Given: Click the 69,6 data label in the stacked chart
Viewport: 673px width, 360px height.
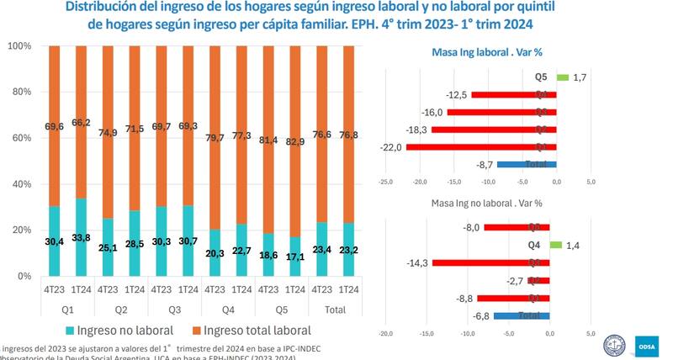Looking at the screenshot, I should click(x=55, y=126).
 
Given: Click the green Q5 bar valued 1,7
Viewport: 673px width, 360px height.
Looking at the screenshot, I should click(x=562, y=78).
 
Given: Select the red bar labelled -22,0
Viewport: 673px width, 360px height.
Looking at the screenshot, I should click(x=481, y=147).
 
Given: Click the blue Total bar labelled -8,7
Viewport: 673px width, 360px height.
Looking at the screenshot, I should click(x=526, y=164).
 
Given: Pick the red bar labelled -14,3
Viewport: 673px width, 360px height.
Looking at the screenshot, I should click(x=490, y=262).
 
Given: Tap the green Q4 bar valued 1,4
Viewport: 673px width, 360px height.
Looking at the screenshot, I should click(x=555, y=245).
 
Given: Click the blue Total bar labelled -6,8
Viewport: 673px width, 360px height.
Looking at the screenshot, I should click(x=522, y=315).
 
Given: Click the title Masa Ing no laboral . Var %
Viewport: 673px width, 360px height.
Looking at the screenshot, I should click(x=487, y=203).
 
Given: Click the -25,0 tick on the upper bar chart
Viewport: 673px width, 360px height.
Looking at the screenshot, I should click(x=386, y=180).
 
